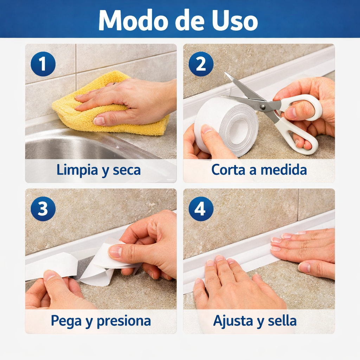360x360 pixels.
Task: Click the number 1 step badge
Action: tap(43, 64)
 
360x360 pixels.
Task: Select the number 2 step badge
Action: tap(201, 64)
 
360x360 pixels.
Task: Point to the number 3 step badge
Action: tap(43, 209)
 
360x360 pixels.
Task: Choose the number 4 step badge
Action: tap(201, 209)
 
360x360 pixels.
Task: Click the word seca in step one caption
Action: tap(127, 170)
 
